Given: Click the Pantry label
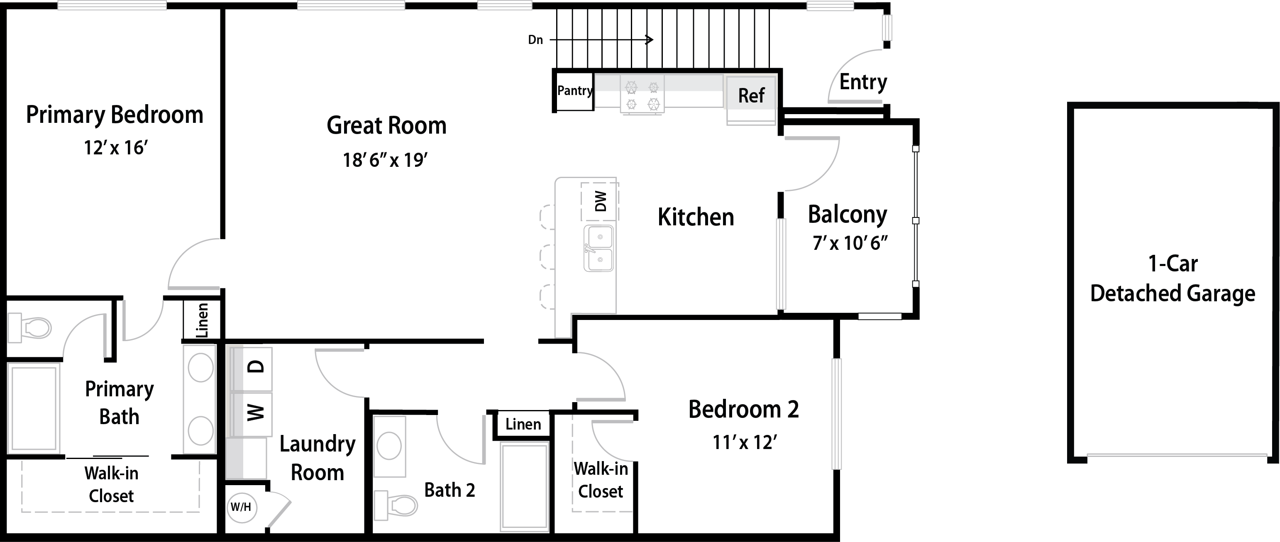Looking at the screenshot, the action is pyautogui.click(x=575, y=91).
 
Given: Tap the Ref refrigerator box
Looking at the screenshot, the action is pyautogui.click(x=751, y=99).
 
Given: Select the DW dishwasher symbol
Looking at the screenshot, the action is pyautogui.click(x=600, y=202).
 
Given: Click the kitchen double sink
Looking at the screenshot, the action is pyautogui.click(x=599, y=249).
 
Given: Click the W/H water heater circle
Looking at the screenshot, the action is pyautogui.click(x=241, y=507).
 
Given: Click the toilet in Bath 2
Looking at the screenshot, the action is pyautogui.click(x=396, y=505).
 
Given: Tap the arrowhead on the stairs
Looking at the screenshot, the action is pyautogui.click(x=650, y=40).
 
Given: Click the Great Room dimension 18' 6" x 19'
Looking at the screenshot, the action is pyautogui.click(x=386, y=160).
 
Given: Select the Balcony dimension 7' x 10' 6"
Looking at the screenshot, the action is pyautogui.click(x=850, y=243).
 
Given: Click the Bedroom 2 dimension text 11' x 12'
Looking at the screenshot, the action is pyautogui.click(x=744, y=442).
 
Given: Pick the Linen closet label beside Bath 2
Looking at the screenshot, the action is pyautogui.click(x=523, y=424).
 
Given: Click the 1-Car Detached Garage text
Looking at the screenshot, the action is pyautogui.click(x=1173, y=279).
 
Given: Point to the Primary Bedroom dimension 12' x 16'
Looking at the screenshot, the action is pyautogui.click(x=116, y=148).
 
